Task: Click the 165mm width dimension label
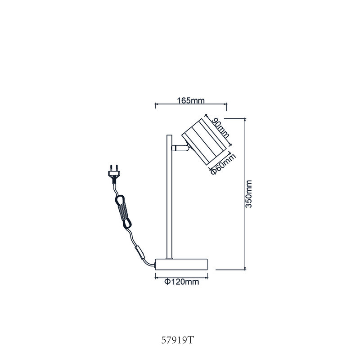(190, 100)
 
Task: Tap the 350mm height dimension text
(249, 194)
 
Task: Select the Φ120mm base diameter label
(182, 282)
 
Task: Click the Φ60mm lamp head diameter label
(223, 164)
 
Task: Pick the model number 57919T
(178, 340)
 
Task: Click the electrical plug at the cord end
(114, 174)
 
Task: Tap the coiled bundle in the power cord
(123, 211)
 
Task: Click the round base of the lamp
(181, 265)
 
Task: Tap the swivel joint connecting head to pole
(180, 148)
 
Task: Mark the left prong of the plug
(111, 167)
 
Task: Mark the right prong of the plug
(117, 167)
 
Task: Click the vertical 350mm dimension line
(245, 194)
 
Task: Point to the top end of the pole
(169, 135)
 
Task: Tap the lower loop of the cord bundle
(128, 224)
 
